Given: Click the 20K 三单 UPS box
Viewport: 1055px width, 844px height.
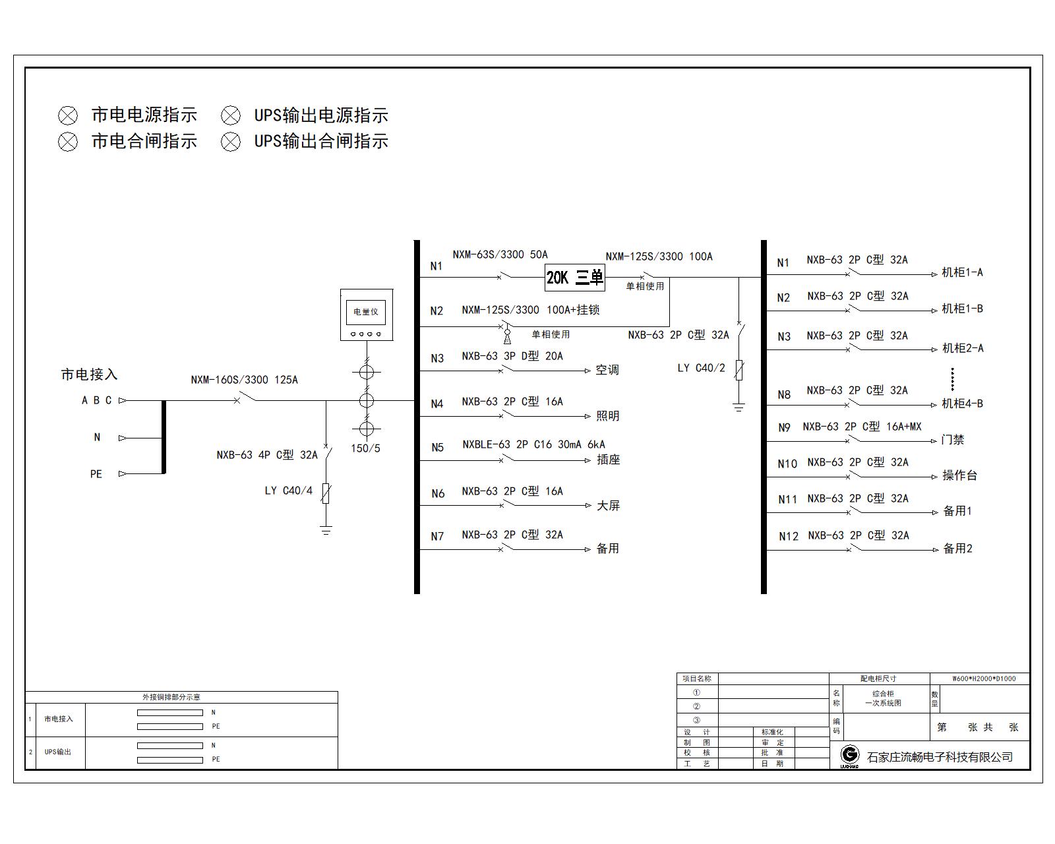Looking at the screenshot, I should [x=574, y=278].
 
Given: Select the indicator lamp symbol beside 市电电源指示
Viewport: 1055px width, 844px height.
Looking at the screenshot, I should [x=68, y=116].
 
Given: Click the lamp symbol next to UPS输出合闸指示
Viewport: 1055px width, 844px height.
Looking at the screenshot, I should [x=231, y=141].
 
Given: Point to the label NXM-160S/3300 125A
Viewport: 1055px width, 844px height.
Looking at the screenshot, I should [x=244, y=380].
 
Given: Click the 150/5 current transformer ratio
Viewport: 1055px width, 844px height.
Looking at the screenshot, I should [x=365, y=448].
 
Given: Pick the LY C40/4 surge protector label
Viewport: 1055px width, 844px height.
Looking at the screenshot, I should [x=288, y=491].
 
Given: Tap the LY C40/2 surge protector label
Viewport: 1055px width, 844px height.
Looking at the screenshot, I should [x=701, y=368].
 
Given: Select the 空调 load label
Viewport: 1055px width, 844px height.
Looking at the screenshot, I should [x=607, y=370].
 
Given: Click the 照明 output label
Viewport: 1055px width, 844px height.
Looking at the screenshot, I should [x=607, y=416].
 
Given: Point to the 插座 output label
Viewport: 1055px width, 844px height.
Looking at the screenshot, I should [x=608, y=460].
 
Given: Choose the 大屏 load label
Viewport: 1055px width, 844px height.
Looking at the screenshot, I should [x=608, y=506].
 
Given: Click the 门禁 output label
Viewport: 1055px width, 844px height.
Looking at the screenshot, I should [x=953, y=440].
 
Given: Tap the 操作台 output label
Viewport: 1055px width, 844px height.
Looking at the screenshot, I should [x=959, y=475].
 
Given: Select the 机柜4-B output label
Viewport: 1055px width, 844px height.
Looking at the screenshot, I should [x=962, y=404].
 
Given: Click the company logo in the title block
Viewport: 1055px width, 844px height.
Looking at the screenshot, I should [x=850, y=756].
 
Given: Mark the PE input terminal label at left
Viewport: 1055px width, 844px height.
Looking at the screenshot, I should [x=96, y=474].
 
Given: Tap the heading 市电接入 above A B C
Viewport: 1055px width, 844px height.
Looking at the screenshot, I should [x=89, y=375].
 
